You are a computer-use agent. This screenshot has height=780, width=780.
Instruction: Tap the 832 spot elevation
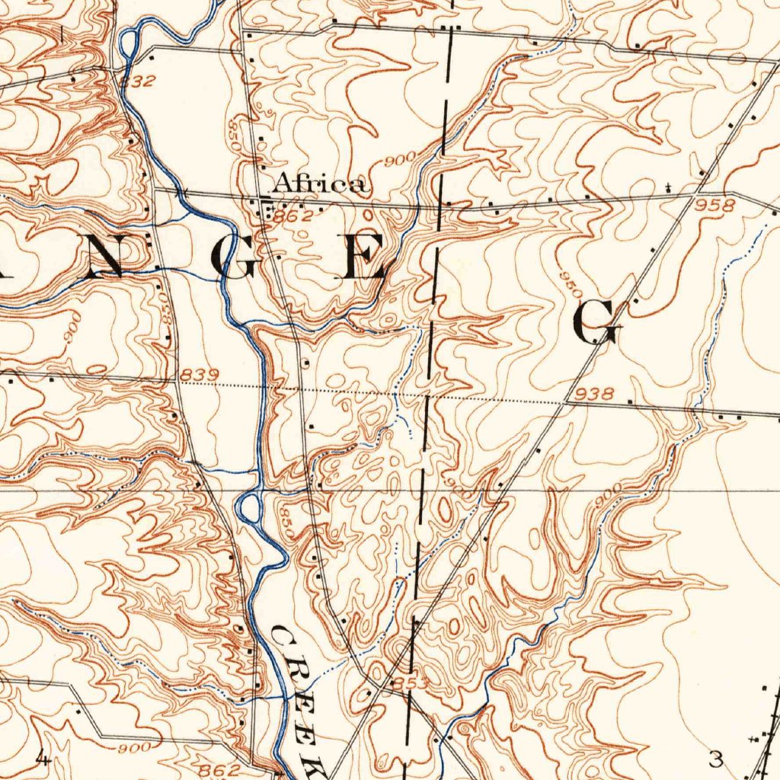pos(139,82)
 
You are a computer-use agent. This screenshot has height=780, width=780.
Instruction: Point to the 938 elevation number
pos(595,394)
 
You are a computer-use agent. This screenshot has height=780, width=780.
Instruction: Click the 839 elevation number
pos(200,375)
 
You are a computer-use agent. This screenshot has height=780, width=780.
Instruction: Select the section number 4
pos(43,758)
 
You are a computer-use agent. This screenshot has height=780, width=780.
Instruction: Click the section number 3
pos(714,759)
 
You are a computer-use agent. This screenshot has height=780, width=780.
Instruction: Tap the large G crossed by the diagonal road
pos(597,321)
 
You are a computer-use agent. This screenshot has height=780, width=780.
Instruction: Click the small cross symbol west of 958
pos(668,186)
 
